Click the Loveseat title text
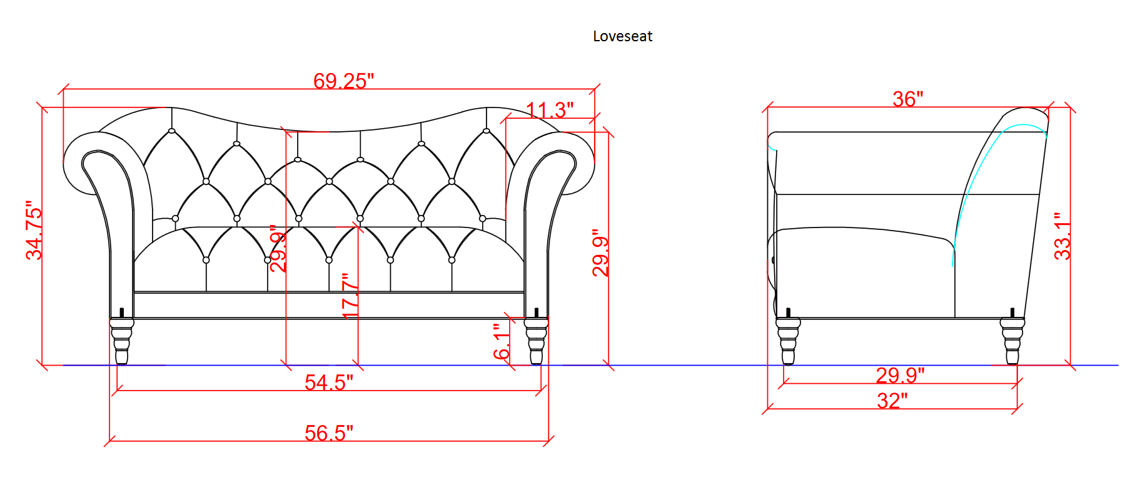tap(622, 36)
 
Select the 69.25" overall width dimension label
tap(343, 81)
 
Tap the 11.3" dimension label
tap(550, 110)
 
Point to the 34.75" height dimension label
tap(34, 230)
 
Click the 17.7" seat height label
tap(350, 296)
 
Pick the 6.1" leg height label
tap(501, 341)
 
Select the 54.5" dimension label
tap(329, 382)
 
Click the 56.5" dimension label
tap(329, 432)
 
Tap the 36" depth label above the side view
tap(908, 99)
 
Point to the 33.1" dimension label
tap(1062, 236)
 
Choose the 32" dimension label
tap(892, 401)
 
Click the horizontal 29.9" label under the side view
tap(900, 375)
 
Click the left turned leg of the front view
tap(122, 341)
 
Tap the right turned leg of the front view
tap(536, 341)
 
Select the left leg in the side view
tap(788, 341)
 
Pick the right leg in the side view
tap(1012, 341)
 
